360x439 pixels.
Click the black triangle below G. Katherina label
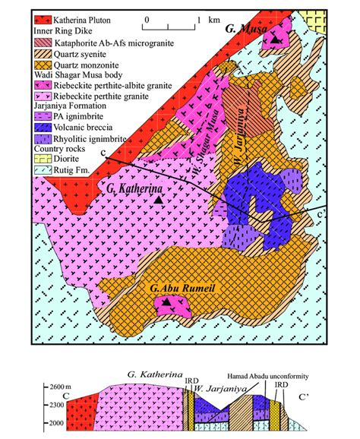pos(158,199)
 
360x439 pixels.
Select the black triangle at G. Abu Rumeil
pos(166,302)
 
